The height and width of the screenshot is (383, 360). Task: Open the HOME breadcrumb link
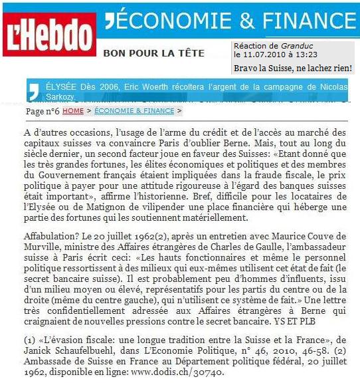click(x=73, y=110)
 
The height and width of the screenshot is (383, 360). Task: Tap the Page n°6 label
click(x=42, y=111)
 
